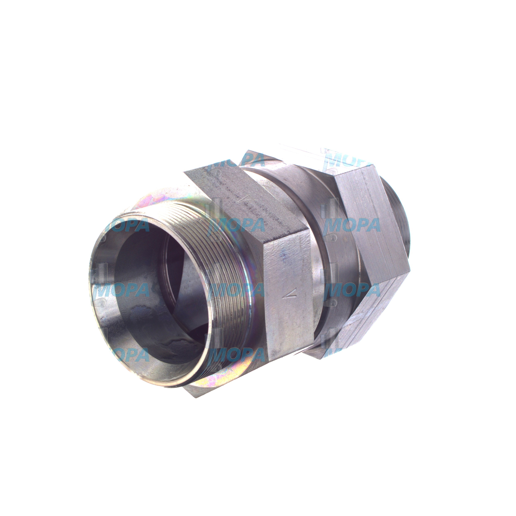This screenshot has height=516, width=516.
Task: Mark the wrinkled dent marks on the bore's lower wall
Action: [171, 344]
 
